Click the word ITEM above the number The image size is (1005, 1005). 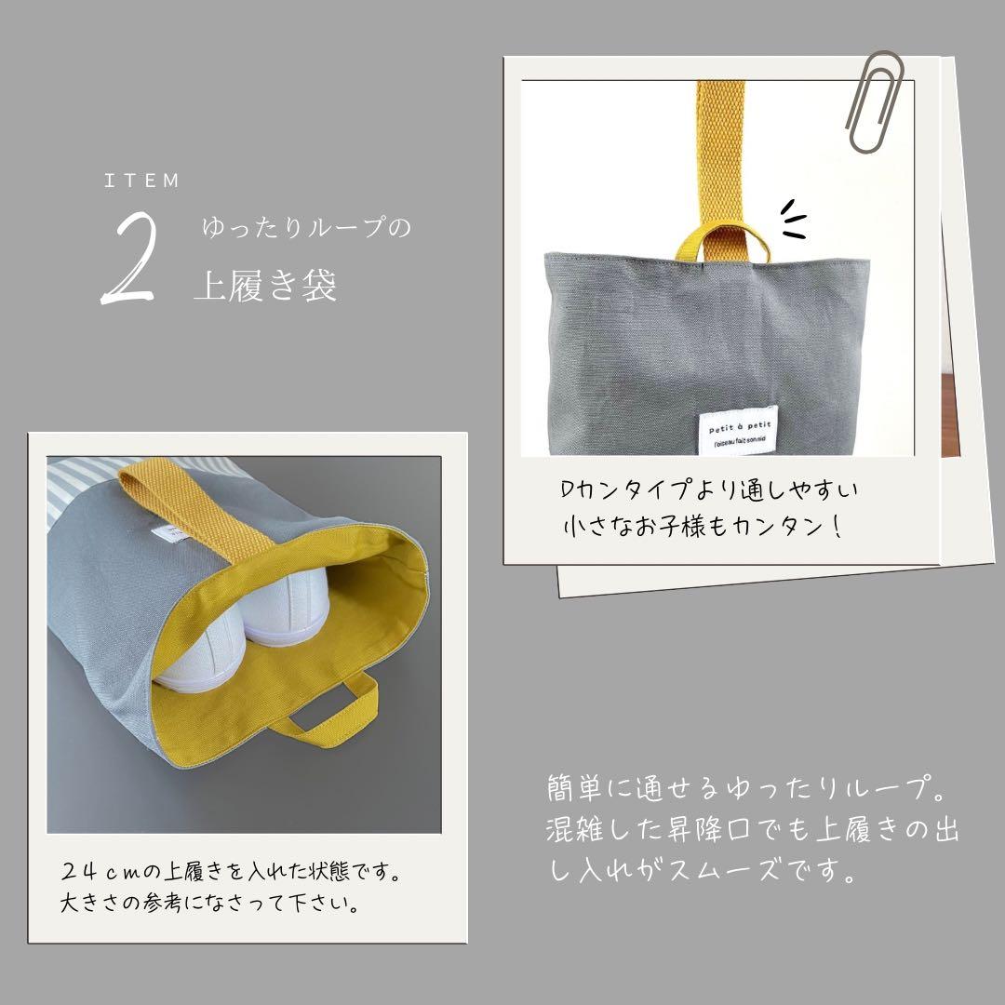click(x=141, y=181)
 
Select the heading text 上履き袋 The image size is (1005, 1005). click(x=265, y=286)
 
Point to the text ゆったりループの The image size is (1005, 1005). click(x=306, y=227)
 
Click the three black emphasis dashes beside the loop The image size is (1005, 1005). click(x=793, y=219)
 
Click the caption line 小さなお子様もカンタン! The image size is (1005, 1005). click(x=703, y=527)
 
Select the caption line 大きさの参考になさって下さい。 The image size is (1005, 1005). click(x=208, y=904)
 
